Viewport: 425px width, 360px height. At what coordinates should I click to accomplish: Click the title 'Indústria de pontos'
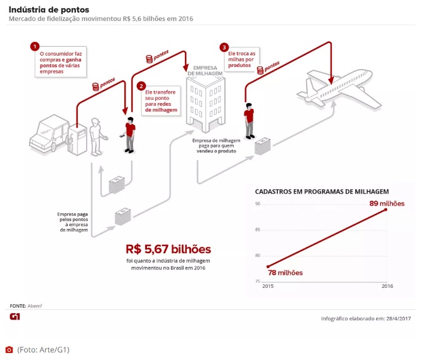pyautogui.click(x=49, y=9)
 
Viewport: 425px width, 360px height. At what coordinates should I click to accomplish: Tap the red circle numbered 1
pyautogui.click(x=35, y=47)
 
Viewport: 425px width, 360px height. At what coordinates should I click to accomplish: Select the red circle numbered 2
pyautogui.click(x=141, y=85)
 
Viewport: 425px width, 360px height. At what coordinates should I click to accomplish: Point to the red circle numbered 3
pyautogui.click(x=224, y=47)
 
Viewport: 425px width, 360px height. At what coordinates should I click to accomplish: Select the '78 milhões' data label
pyautogui.click(x=284, y=273)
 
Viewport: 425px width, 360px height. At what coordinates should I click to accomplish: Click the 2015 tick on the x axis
pyautogui.click(x=268, y=287)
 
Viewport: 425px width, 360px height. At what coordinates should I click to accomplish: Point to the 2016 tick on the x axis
pyautogui.click(x=386, y=287)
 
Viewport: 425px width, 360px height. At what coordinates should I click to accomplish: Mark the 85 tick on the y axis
pyautogui.click(x=258, y=230)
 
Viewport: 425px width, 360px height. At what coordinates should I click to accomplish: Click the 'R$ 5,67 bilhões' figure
pyautogui.click(x=168, y=249)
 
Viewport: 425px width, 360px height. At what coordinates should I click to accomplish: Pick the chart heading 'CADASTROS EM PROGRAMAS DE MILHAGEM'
pyautogui.click(x=321, y=190)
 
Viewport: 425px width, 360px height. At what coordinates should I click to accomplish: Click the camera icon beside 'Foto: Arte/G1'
pyautogui.click(x=9, y=349)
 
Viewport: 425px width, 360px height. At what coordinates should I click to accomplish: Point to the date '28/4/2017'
pyautogui.click(x=396, y=318)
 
